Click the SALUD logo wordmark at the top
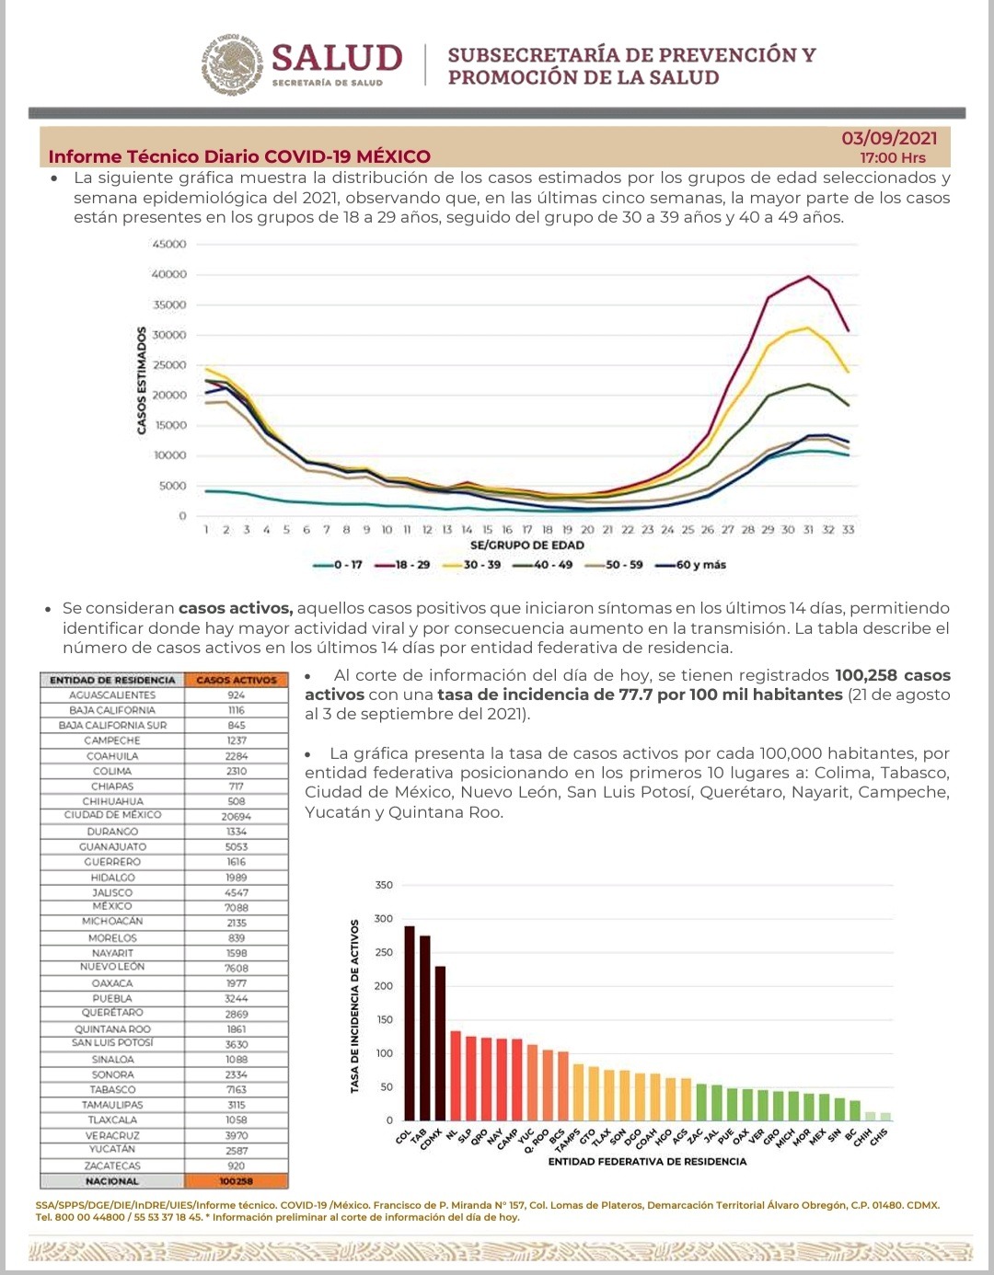tap(337, 58)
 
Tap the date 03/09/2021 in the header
tap(889, 138)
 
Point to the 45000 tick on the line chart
tap(169, 244)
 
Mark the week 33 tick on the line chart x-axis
tap(848, 530)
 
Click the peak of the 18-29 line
tap(808, 276)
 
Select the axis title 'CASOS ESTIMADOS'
tap(142, 380)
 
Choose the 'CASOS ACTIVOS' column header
tap(237, 680)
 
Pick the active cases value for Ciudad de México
tap(237, 816)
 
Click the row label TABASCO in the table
tap(113, 1089)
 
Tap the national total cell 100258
tap(237, 1181)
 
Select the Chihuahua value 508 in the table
tap(237, 801)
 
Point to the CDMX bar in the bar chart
tap(440, 1043)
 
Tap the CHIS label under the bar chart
tap(879, 1137)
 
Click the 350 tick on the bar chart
tap(384, 885)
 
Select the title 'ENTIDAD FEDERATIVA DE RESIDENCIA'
tap(647, 1162)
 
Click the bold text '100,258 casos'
tap(892, 675)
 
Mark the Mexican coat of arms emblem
tap(233, 64)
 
